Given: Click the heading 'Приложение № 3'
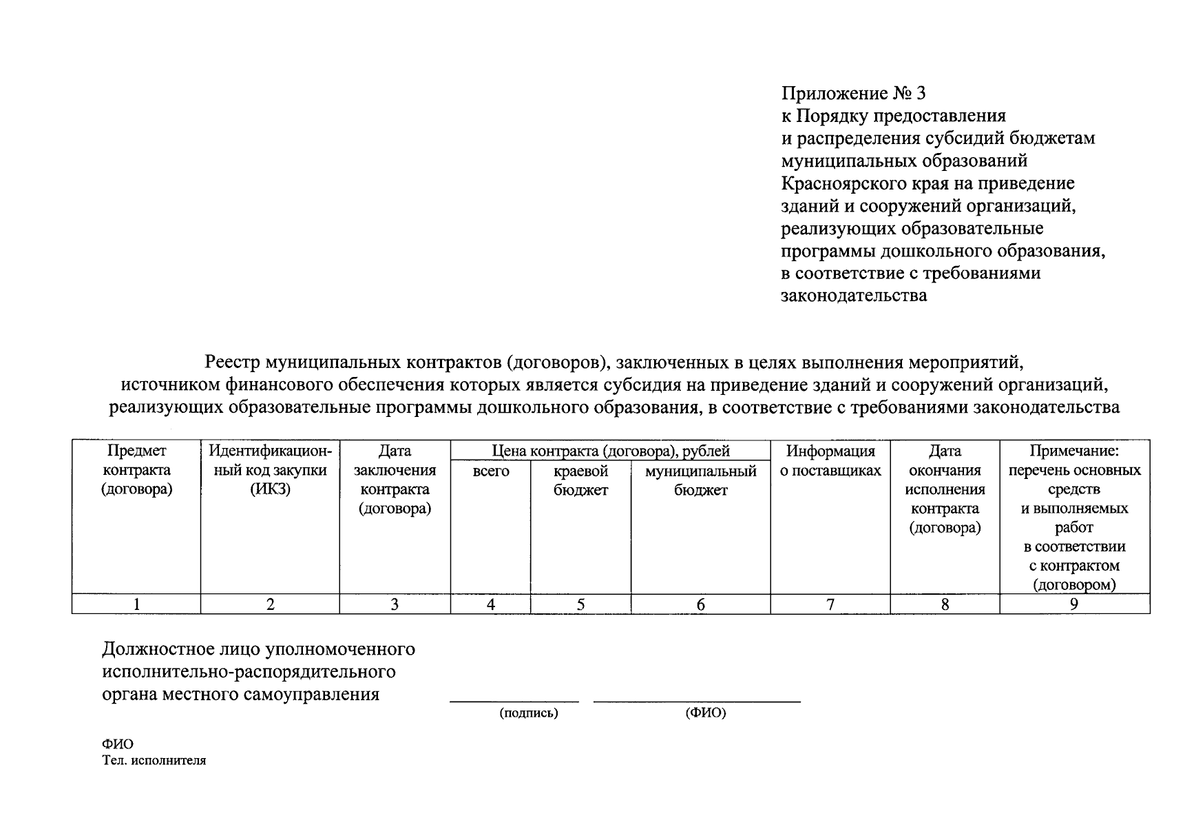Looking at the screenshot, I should (854, 93).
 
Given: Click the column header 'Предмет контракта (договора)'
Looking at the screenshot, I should (136, 470).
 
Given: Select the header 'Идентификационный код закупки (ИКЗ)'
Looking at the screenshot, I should (270, 470).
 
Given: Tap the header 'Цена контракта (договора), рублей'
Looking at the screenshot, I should (610, 451).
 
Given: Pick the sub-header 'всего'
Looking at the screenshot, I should (490, 472).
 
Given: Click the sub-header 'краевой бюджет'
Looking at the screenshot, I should (580, 481).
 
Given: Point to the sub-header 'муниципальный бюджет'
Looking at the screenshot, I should (700, 481).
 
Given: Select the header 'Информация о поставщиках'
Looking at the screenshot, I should (830, 461).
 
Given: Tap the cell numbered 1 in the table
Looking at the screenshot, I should (136, 604).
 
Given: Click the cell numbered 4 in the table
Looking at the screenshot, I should (490, 604).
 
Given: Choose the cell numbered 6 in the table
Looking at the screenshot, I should (700, 604).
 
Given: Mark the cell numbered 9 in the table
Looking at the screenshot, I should (1074, 604).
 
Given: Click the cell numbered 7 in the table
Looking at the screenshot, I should (830, 604).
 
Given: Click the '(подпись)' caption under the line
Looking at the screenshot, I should (528, 713).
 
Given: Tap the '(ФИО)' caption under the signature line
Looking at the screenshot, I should (705, 713).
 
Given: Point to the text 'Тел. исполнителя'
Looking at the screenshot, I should (154, 761).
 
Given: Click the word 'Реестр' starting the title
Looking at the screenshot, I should (232, 362).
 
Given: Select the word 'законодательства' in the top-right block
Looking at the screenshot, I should (854, 296).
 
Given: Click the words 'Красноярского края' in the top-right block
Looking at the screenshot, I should (848, 184).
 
